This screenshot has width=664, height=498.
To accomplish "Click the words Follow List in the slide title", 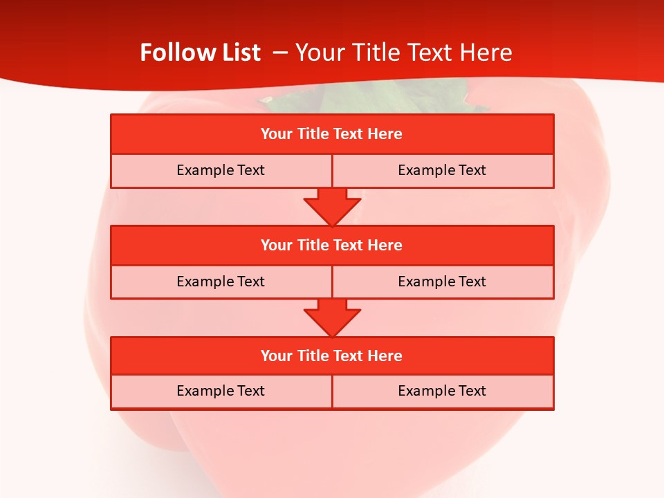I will pyautogui.click(x=200, y=53).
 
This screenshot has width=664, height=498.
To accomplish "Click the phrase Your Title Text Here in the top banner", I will pyautogui.click(x=403, y=53).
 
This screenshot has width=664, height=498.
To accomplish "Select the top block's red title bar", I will pyautogui.click(x=332, y=134).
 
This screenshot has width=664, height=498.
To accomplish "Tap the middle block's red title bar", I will pyautogui.click(x=332, y=245).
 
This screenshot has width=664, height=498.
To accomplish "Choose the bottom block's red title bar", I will pyautogui.click(x=332, y=356).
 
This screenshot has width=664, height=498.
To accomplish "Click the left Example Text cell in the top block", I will pyautogui.click(x=221, y=170).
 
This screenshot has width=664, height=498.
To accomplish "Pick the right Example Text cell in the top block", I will pyautogui.click(x=443, y=170).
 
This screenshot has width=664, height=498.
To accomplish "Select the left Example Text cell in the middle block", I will pyautogui.click(x=221, y=282).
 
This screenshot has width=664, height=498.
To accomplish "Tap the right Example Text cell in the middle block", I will pyautogui.click(x=443, y=282).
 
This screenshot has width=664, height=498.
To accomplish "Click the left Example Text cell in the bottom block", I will pyautogui.click(x=221, y=391).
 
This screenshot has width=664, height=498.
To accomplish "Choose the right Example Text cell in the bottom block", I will pyautogui.click(x=443, y=391).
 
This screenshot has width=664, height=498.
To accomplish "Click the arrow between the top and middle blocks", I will pyautogui.click(x=332, y=207).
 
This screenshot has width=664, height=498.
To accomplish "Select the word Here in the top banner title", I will pyautogui.click(x=488, y=53).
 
